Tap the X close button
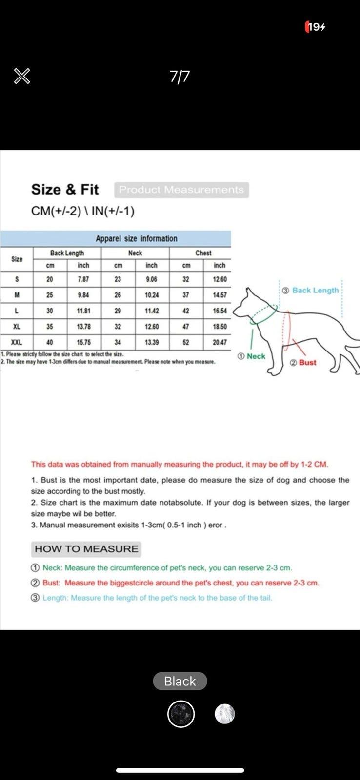pos(22,76)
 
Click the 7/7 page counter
pos(180,77)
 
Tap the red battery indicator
pos(315,27)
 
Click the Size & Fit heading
pos(65,189)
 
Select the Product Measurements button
pos(181,190)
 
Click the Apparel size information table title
pos(136,238)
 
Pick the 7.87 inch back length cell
pos(83,279)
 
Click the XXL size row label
pos(17,342)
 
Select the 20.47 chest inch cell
pos(220,342)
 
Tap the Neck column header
pos(135,253)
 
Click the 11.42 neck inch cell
pos(152,311)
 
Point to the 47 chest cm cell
pos(186,327)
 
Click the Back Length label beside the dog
pos(315,291)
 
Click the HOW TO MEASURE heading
pos(86,549)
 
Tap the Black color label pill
pos(180,681)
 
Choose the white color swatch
pos(225,714)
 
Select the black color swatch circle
pos(181,714)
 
